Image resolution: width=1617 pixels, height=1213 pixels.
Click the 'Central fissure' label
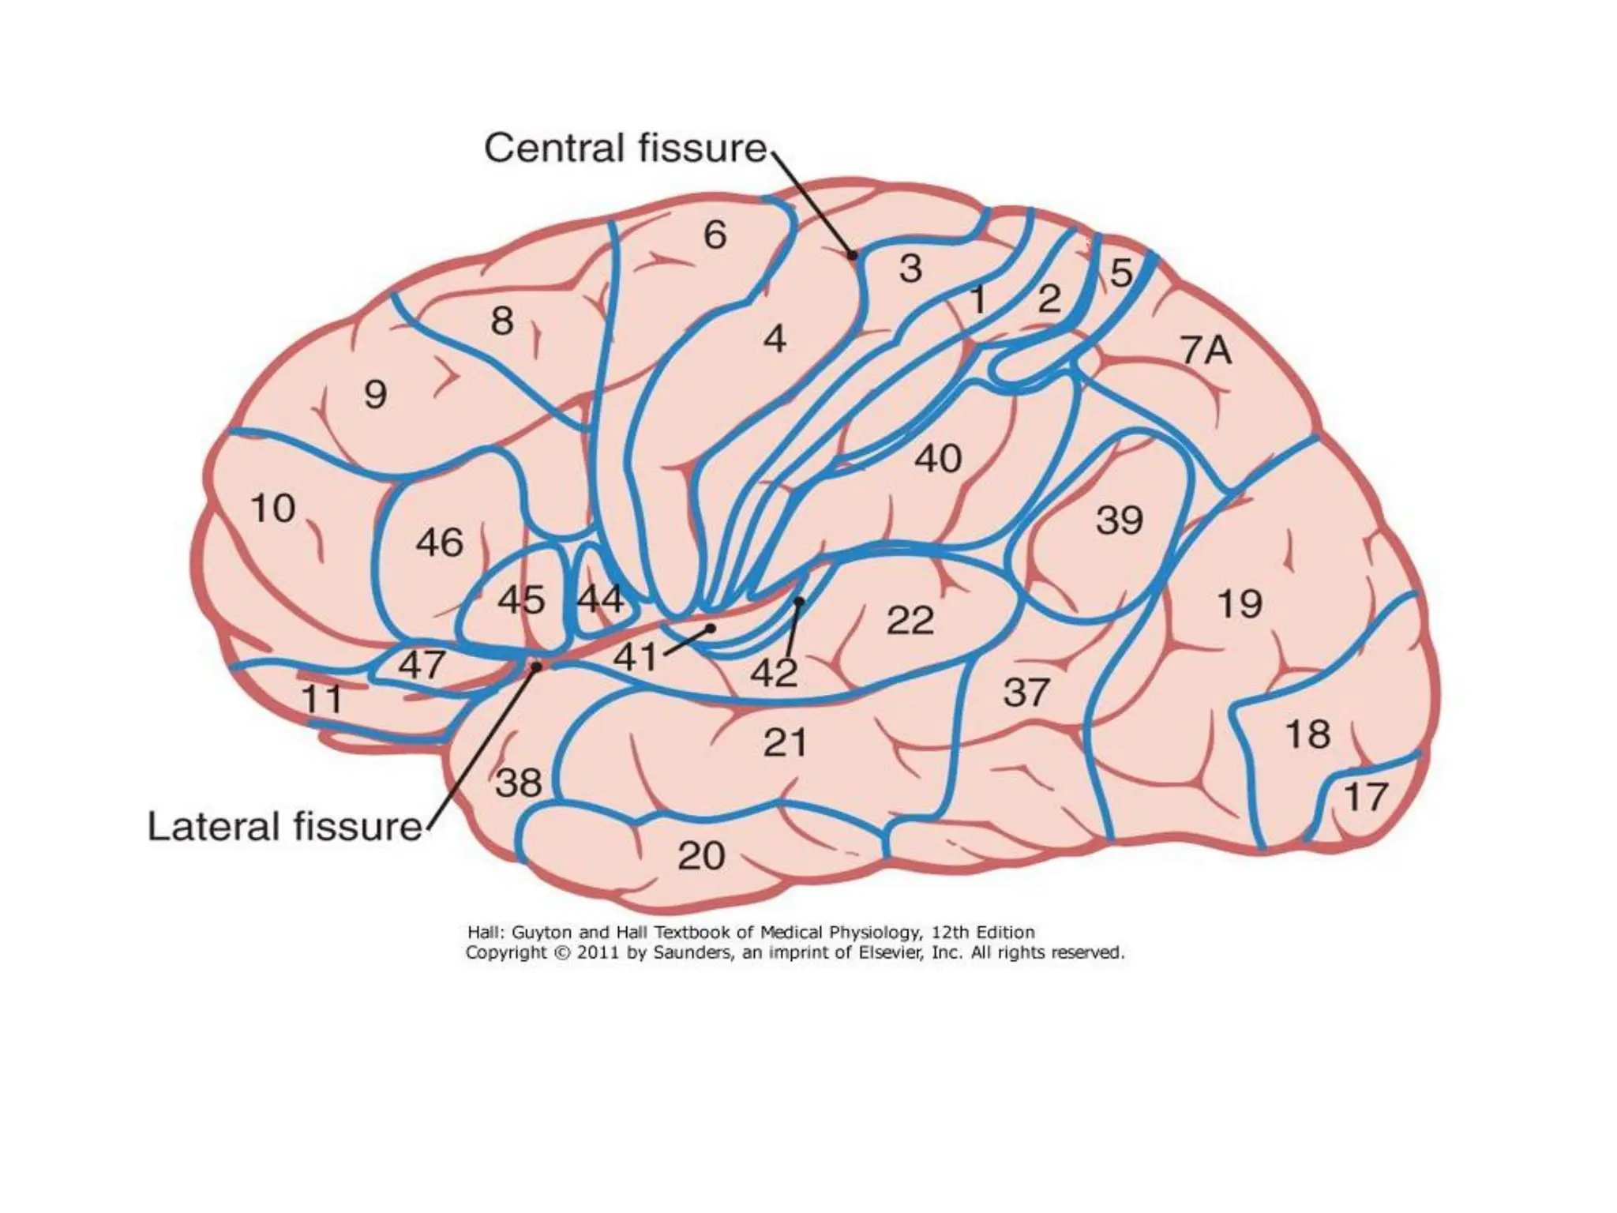point(625,148)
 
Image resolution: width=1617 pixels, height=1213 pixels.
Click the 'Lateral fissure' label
point(285,827)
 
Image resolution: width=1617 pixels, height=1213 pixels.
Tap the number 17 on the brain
point(1365,797)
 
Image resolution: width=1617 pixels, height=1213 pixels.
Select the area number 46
point(439,543)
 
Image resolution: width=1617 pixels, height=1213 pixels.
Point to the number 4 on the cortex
point(775,339)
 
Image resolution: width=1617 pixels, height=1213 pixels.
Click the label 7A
point(1206,350)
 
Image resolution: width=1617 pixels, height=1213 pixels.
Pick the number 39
point(1119,520)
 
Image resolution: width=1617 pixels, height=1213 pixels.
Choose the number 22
point(910,621)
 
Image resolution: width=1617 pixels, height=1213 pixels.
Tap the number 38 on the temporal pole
point(519,783)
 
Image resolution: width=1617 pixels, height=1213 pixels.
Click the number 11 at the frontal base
point(322,699)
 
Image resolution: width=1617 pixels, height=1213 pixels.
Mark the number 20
point(701,855)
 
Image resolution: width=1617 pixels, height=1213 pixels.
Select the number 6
point(715,235)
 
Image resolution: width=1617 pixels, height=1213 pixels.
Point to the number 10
point(273,508)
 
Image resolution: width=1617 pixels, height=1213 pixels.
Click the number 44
point(600,600)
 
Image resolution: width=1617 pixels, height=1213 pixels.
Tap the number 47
point(422,665)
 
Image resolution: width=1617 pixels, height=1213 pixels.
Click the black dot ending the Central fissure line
point(852,255)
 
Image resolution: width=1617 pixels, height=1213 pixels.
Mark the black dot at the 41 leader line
point(711,629)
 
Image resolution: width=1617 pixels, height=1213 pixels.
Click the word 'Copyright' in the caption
point(506,952)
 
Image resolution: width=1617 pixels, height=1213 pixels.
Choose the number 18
point(1308,734)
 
